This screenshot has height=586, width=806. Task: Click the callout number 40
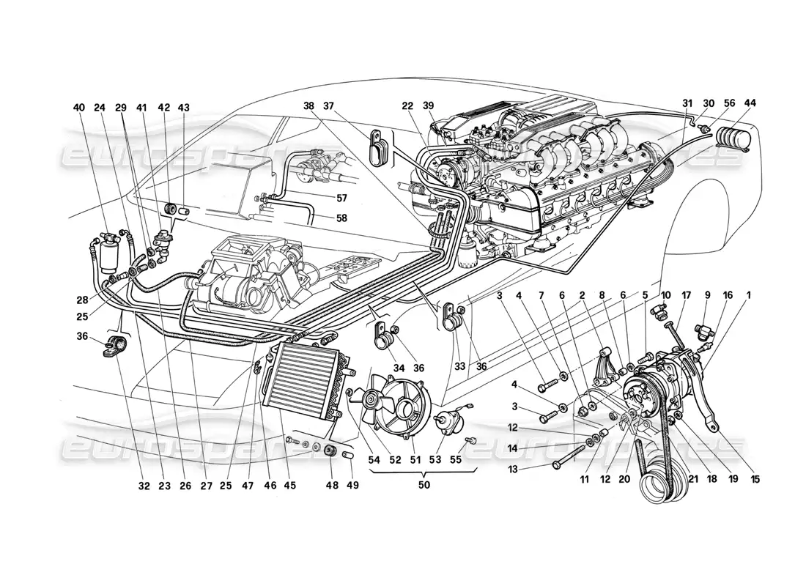point(79,108)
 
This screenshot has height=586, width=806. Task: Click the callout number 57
point(341,198)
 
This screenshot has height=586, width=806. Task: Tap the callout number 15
point(755,480)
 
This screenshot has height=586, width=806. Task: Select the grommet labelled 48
point(330,448)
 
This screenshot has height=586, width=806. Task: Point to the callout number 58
point(341,218)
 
